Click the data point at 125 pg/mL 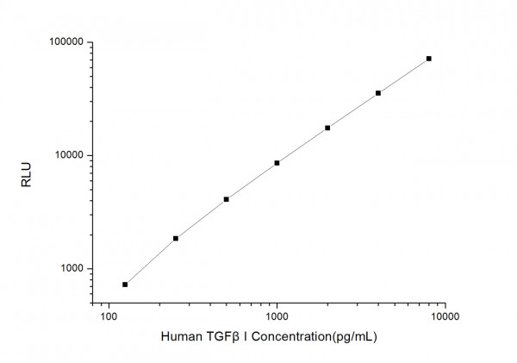(125, 285)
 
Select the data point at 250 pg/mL (176, 238)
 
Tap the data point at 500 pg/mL (226, 199)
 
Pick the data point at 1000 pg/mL (277, 163)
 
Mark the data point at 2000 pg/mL (327, 128)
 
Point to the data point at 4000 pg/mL (378, 93)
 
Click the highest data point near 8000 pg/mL (428, 59)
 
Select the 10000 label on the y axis (66, 155)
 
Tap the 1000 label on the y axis (70, 269)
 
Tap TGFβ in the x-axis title (219, 338)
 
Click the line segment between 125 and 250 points (150, 261)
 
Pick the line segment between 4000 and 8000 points (403, 76)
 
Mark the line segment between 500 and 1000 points (251, 181)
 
